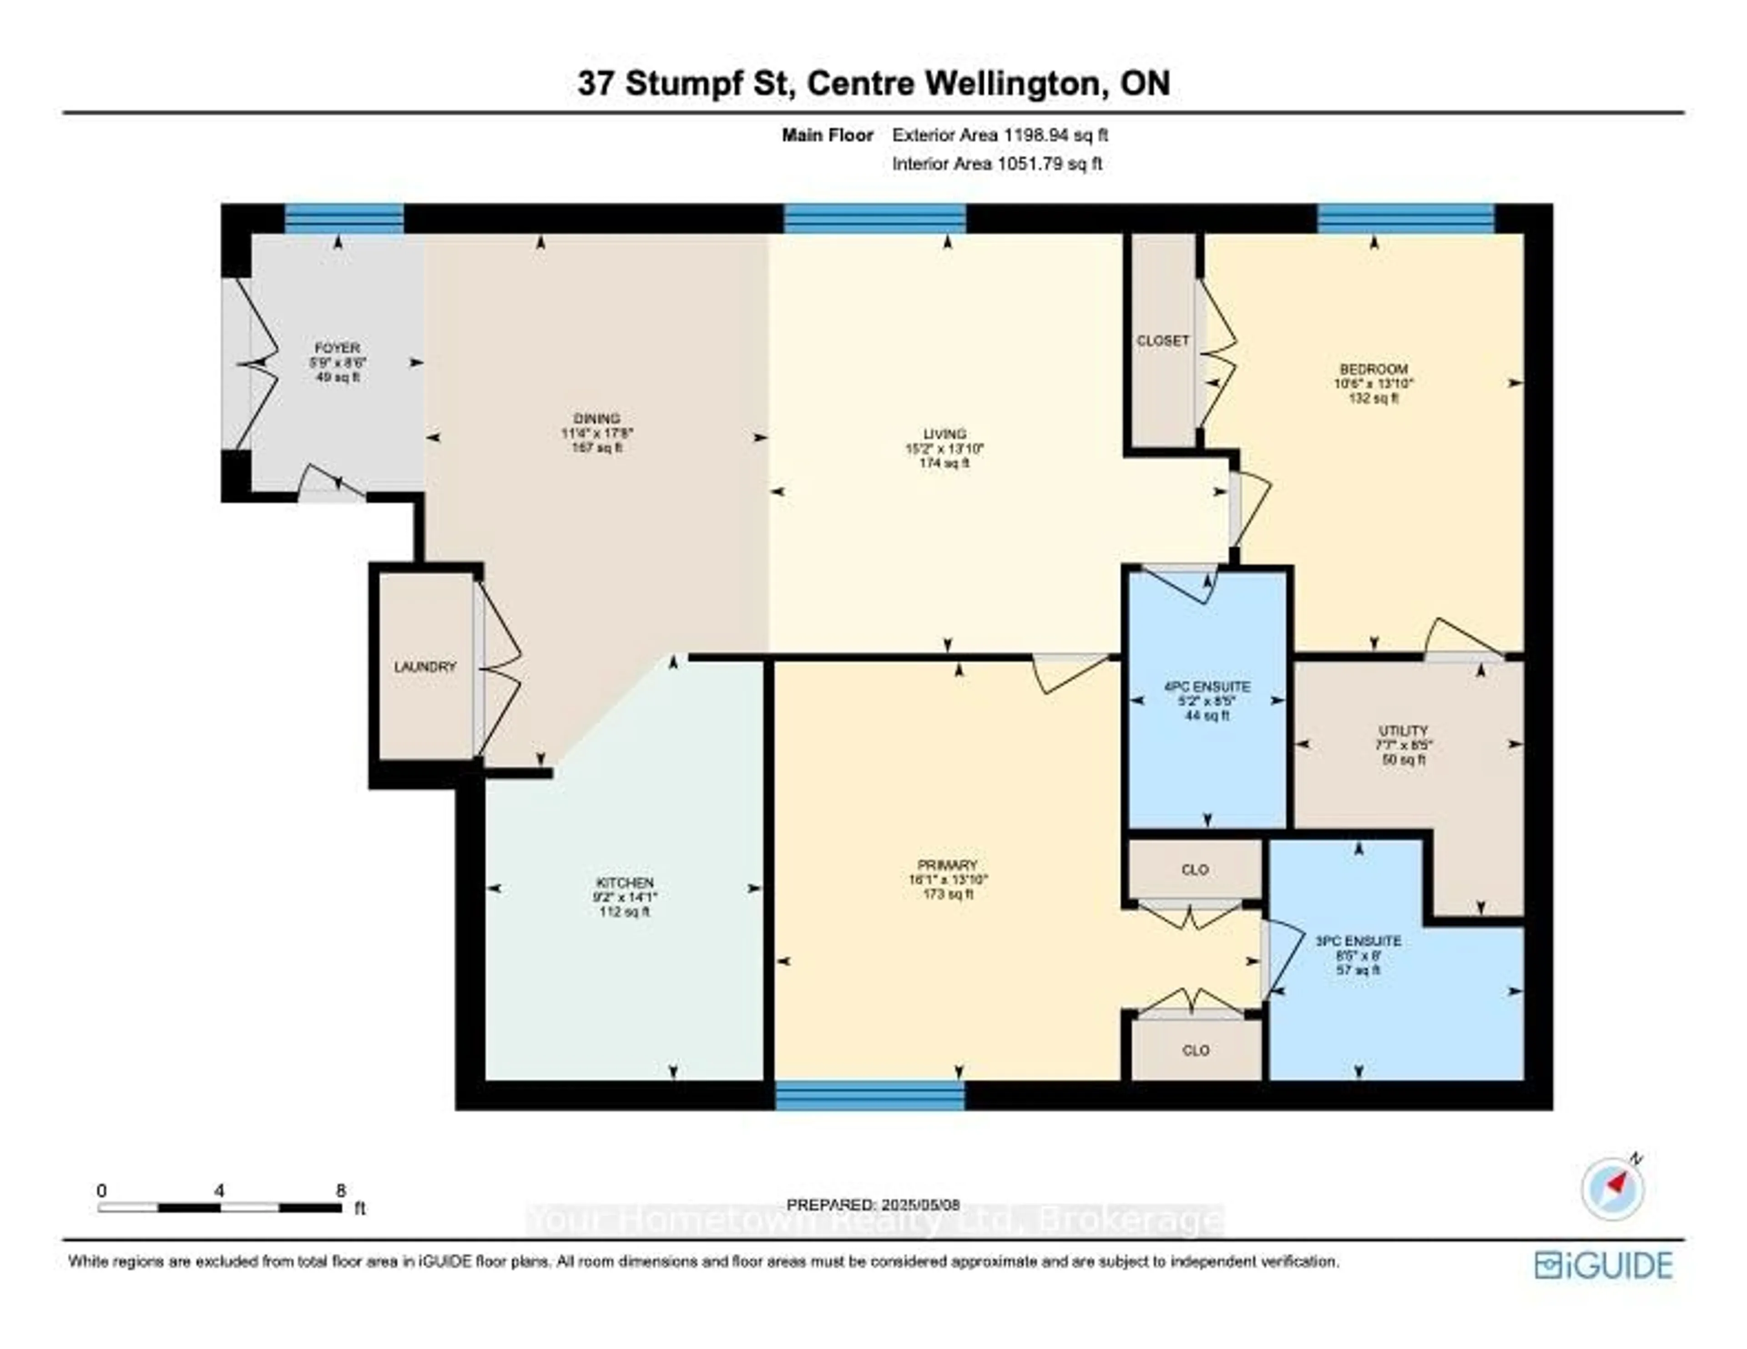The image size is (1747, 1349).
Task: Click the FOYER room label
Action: click(x=337, y=348)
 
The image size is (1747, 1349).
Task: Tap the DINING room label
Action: click(x=597, y=418)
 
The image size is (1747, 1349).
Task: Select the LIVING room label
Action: click(x=944, y=434)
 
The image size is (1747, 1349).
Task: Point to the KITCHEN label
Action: click(x=625, y=883)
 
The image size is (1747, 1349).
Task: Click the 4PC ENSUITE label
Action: click(x=1207, y=686)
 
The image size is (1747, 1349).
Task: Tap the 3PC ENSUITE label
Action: click(x=1358, y=941)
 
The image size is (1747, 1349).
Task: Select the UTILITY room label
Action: click(x=1403, y=730)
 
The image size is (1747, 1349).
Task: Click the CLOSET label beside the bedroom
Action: click(x=1163, y=341)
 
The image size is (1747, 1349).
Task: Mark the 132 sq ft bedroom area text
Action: click(x=1373, y=397)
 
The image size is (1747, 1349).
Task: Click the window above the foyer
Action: click(x=344, y=218)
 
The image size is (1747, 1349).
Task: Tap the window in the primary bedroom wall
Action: click(x=870, y=1095)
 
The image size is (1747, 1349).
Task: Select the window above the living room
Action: click(x=874, y=218)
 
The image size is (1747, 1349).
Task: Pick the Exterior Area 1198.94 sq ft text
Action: click(x=1000, y=135)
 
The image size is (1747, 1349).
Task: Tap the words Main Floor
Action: click(x=827, y=135)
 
